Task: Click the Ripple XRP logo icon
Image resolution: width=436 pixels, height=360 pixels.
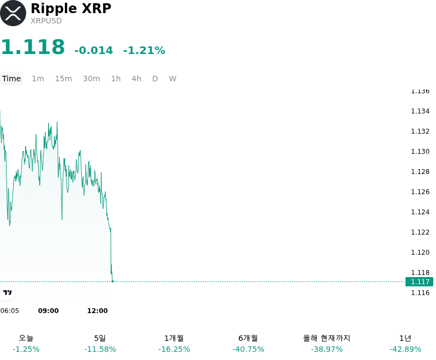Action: [x=13, y=13]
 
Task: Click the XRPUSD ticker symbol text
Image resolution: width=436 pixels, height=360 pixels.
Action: [x=46, y=21]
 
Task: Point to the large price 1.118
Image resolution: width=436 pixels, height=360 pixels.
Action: [x=33, y=46]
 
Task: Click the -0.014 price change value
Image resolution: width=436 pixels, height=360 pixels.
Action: [x=94, y=50]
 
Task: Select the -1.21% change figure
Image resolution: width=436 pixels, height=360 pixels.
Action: [x=144, y=50]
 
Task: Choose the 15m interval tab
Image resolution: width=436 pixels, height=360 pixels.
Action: [x=63, y=79]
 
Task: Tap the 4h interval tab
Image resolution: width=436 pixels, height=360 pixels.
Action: [x=136, y=79]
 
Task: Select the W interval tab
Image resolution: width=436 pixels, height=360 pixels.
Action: [x=173, y=79]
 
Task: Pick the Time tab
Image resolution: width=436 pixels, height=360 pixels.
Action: [x=11, y=79]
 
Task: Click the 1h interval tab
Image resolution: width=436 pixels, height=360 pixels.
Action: [x=116, y=79]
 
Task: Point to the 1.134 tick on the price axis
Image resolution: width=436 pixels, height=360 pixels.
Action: [x=420, y=111]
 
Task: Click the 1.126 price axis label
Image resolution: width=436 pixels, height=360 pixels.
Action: [x=420, y=191]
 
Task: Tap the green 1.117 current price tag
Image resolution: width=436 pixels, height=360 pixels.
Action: [x=419, y=281]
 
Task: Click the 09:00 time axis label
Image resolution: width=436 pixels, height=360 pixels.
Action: [x=49, y=310]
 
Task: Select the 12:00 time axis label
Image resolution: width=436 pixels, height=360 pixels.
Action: [x=98, y=310]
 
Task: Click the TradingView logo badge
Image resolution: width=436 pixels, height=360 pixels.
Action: [x=7, y=292]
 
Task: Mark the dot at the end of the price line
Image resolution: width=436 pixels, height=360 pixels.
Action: [x=113, y=281]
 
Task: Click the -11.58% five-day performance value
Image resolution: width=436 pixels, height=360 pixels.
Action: [x=100, y=349]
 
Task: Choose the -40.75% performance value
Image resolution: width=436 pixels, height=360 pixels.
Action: [x=249, y=349]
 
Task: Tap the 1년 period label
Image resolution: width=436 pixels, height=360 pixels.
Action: [x=405, y=338]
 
